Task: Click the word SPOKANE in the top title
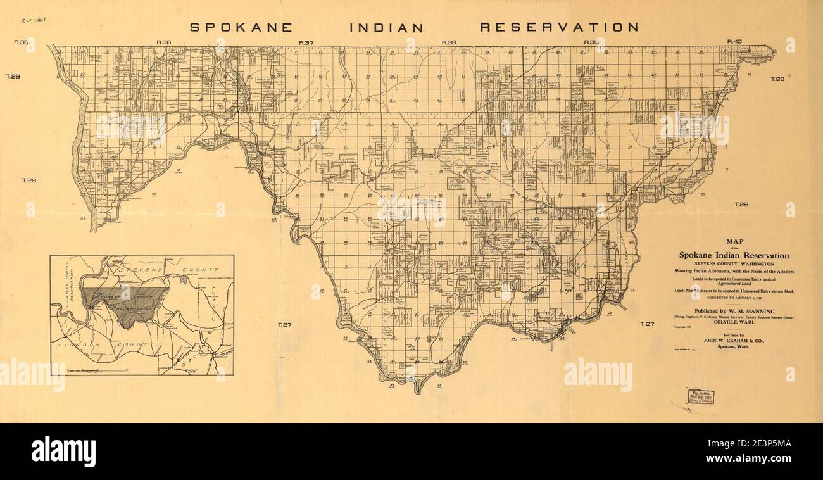241,27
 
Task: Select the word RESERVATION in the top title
559,27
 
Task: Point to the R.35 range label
22,42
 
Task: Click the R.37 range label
306,42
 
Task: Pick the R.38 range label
449,42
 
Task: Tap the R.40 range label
734,42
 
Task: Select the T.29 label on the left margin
13,77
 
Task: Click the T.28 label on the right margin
741,205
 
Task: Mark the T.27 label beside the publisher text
646,324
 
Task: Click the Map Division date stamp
705,396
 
